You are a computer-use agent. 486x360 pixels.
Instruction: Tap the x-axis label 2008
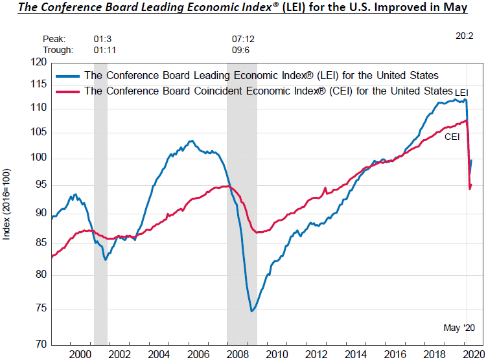[238, 354]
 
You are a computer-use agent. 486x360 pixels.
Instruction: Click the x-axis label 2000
[81, 354]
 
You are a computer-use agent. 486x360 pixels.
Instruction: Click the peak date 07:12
[242, 39]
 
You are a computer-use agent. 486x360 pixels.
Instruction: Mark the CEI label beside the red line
[452, 137]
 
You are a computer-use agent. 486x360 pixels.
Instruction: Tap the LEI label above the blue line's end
[461, 93]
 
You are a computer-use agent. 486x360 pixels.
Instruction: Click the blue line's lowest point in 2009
[251, 311]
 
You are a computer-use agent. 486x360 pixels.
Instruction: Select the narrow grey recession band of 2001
[100, 194]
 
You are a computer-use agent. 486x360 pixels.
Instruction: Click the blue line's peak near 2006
[191, 141]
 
